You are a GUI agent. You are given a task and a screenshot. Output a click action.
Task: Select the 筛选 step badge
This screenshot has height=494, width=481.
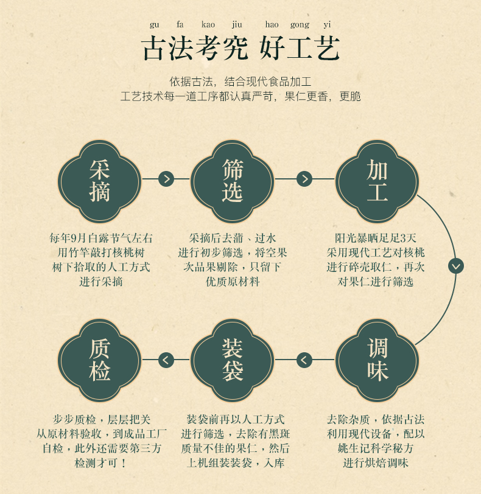coord(232,181)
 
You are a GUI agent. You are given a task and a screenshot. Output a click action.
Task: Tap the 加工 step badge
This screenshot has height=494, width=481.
coord(377,181)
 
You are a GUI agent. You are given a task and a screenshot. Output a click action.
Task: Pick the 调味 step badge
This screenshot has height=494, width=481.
coord(377,360)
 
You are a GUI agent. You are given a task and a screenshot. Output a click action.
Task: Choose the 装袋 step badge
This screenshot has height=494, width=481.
coord(232,360)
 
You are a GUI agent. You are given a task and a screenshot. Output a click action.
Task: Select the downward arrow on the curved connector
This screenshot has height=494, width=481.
coord(455,266)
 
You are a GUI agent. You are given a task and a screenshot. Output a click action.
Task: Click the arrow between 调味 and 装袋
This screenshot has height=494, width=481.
coord(304,360)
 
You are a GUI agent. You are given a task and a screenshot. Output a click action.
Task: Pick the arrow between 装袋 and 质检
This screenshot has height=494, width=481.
coord(166,360)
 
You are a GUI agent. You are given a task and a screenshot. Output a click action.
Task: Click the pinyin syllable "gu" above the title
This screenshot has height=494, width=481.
coord(154,25)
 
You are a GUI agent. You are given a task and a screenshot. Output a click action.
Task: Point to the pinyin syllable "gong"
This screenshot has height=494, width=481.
coord(300,25)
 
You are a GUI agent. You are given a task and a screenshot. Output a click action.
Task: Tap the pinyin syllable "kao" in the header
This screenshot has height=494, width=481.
coord(208,25)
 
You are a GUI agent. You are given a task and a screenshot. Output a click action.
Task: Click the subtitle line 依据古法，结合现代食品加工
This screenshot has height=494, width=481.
coord(240,82)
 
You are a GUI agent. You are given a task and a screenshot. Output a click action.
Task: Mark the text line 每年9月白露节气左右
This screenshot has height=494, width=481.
coord(100,238)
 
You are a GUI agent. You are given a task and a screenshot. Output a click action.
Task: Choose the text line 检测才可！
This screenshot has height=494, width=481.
coord(100,463)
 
